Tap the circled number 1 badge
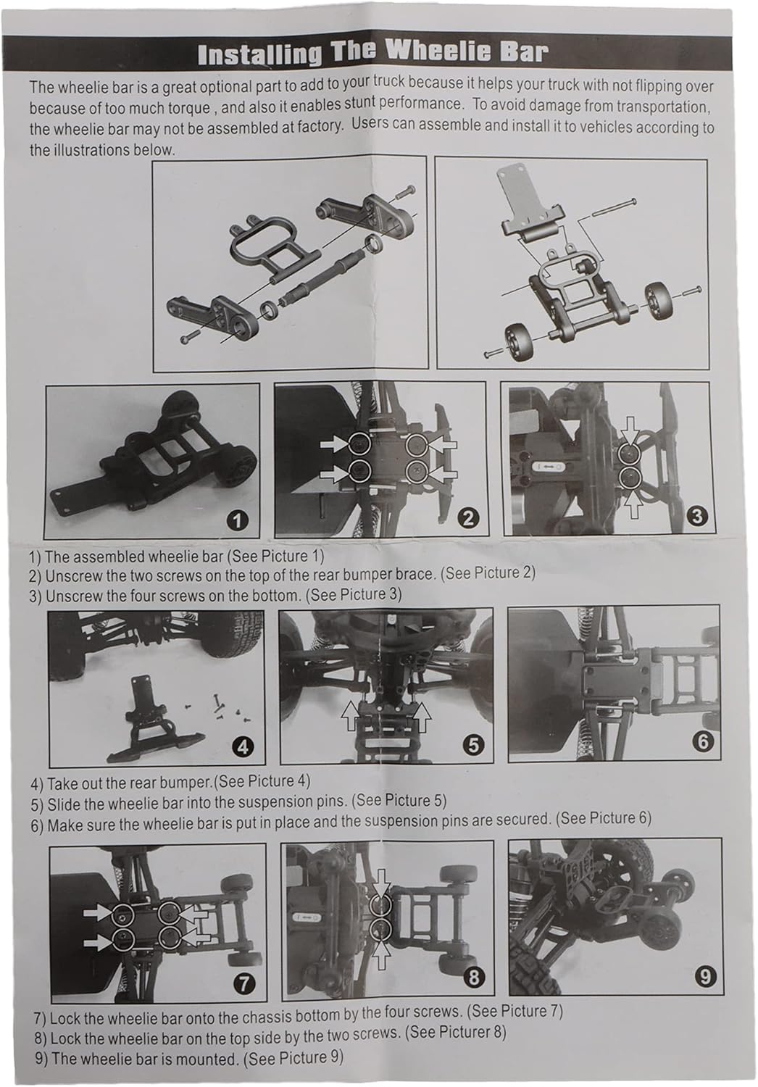point(238,521)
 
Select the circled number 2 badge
point(467,518)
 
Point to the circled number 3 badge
point(697,516)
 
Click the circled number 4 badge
point(243,747)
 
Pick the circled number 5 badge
point(473,744)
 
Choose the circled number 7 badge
point(245,970)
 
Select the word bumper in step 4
point(184,782)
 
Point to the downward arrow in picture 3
point(630,429)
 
